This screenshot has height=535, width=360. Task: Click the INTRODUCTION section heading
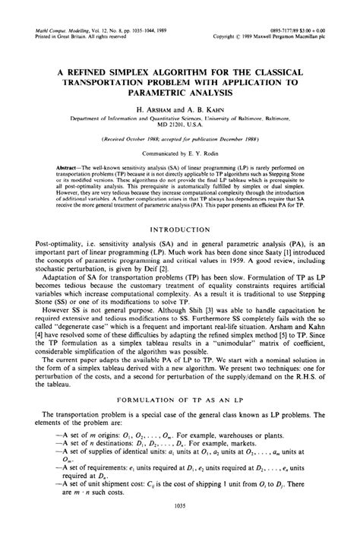179,226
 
